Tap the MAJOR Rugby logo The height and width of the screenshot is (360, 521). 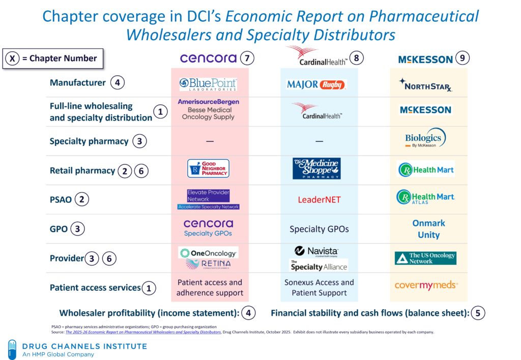pyautogui.click(x=316, y=84)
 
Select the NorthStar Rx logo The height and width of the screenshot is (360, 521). pyautogui.click(x=426, y=85)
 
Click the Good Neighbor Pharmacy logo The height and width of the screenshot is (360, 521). pyautogui.click(x=208, y=168)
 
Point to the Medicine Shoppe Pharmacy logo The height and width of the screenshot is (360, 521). pyautogui.click(x=316, y=168)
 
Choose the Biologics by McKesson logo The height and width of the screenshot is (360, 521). pyautogui.click(x=425, y=138)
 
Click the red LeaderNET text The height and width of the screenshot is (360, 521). pyautogui.click(x=319, y=199)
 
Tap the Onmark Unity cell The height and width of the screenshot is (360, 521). pyautogui.click(x=428, y=229)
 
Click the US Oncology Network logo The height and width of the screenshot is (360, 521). pyautogui.click(x=426, y=258)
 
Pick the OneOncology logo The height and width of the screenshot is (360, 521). pyautogui.click(x=208, y=253)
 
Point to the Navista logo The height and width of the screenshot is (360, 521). pyautogui.click(x=316, y=251)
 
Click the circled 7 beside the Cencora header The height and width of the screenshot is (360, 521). pyautogui.click(x=247, y=58)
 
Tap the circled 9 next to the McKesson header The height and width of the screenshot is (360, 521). pyautogui.click(x=462, y=58)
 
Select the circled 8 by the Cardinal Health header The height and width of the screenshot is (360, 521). pyautogui.click(x=356, y=58)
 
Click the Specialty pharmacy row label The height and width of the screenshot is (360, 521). pyautogui.click(x=89, y=141)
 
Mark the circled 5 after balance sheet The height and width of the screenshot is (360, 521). pyautogui.click(x=477, y=313)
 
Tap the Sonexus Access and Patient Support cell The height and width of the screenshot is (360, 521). pyautogui.click(x=319, y=287)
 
